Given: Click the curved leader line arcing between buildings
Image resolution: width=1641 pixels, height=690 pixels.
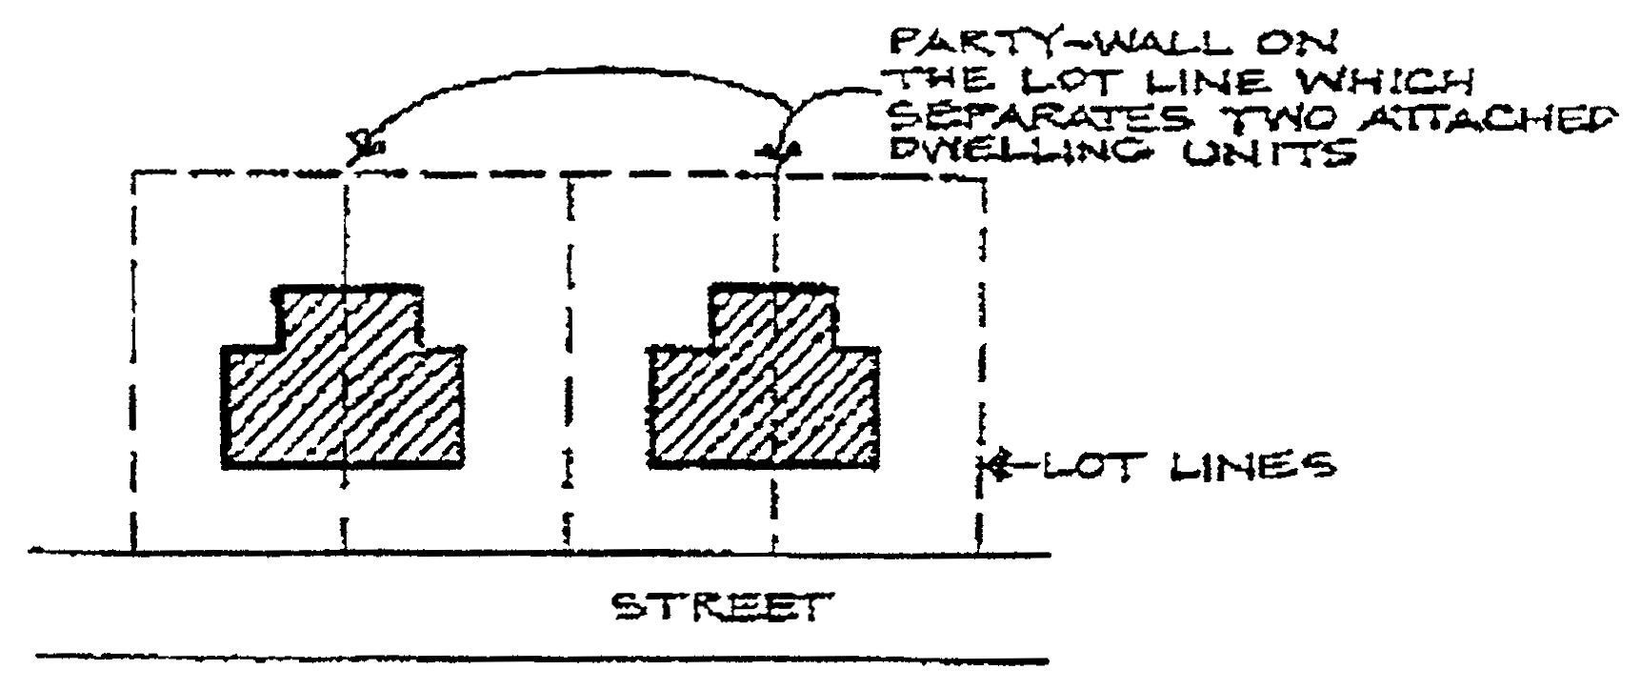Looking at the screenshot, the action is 571,72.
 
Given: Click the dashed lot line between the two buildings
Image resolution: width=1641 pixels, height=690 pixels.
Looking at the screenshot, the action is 570,362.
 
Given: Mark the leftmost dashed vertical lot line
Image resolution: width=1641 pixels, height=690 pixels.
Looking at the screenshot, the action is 132,362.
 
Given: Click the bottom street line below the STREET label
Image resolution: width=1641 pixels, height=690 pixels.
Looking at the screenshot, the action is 543,659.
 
